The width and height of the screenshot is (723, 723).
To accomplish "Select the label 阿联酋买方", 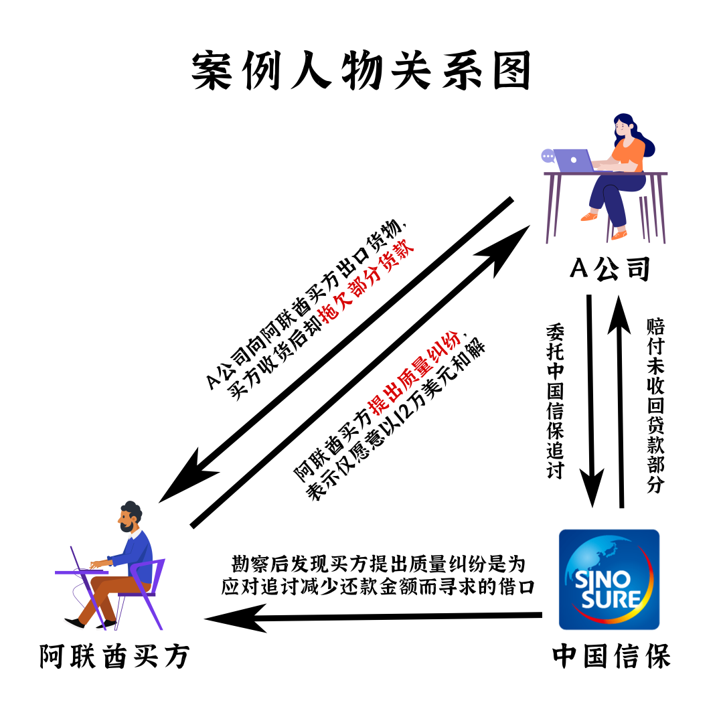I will (114, 657).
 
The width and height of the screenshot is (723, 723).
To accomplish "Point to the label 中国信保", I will (611, 657).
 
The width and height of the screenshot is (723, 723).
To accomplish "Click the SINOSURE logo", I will (609, 579).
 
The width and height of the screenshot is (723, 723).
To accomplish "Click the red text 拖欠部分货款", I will (368, 281).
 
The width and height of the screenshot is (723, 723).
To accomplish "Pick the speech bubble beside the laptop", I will (548, 156).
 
